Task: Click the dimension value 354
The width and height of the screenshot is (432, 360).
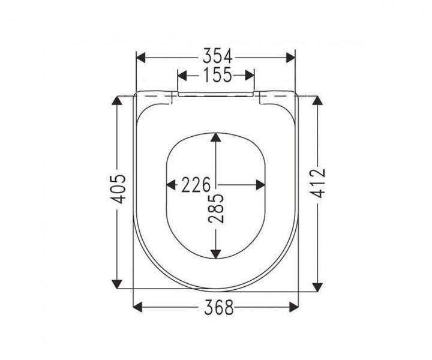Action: [x=218, y=57]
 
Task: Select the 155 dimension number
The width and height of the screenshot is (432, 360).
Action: [x=218, y=75]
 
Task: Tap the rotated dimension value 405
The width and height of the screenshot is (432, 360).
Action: [x=118, y=189]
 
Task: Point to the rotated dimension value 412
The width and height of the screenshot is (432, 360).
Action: [x=318, y=184]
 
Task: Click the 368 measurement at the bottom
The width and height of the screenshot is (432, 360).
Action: [x=219, y=307]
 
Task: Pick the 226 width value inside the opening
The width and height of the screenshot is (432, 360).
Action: [x=196, y=185]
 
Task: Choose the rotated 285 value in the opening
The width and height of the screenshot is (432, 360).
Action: [x=216, y=209]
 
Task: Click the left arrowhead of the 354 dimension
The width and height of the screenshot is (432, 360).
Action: [x=141, y=58]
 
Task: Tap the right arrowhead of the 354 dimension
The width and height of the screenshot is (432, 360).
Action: [x=290, y=58]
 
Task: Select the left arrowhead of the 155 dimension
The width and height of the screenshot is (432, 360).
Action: [x=182, y=76]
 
